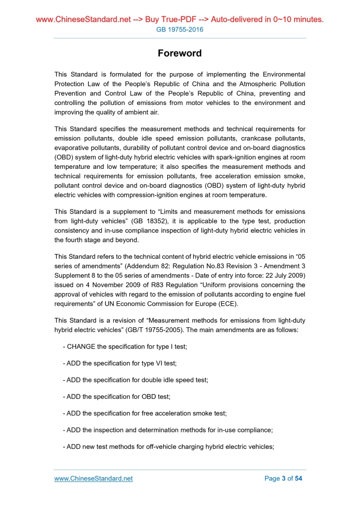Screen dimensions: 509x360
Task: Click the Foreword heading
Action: (x=180, y=53)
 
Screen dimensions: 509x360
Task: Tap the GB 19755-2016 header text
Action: (x=180, y=30)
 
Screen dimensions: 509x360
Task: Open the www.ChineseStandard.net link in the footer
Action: (x=94, y=478)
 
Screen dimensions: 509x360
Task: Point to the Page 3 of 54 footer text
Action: (x=283, y=478)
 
